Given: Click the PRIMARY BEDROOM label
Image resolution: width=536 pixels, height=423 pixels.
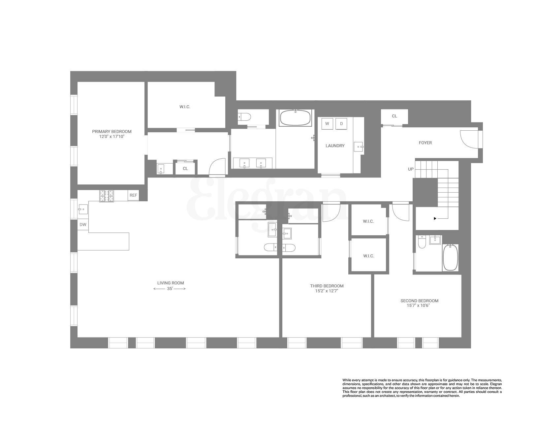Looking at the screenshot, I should point(111,132).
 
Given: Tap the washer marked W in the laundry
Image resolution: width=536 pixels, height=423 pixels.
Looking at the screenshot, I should point(327,124).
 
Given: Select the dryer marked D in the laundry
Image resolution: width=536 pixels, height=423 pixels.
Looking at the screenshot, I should point(341,124).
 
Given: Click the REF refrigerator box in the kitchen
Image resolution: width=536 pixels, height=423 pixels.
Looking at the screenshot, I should point(133,195).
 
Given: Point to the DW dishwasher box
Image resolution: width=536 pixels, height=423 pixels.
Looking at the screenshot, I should point(83,225).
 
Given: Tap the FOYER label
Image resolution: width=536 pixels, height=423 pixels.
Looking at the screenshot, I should point(425,143).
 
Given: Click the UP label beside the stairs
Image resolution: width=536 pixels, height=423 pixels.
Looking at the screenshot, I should point(411,169).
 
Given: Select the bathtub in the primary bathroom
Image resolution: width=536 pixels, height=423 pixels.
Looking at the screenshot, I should point(295,117).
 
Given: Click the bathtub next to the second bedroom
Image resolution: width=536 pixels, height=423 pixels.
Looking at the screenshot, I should point(450,257).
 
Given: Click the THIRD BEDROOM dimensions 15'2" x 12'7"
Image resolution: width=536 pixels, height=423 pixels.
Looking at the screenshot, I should point(327,291).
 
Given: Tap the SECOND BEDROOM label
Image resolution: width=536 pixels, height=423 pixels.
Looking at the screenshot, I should point(419,301).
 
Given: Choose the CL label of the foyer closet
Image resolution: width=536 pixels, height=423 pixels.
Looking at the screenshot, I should point(394,116).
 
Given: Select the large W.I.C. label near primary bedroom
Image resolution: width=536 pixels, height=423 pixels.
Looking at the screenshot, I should point(185,107).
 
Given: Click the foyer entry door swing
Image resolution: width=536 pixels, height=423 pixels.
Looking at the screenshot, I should point(468,139).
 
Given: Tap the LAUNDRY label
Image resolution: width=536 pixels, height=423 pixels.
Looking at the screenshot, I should point(335,146).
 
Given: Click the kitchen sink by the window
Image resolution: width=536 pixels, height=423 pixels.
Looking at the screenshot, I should point(83,209).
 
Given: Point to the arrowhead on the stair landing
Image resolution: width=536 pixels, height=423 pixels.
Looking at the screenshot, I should point(435,218).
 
